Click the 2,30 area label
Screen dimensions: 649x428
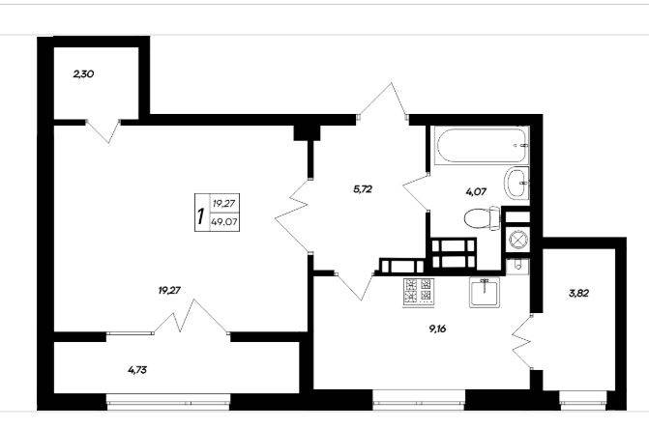(x=83, y=74)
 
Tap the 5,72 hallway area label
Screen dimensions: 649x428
(x=363, y=189)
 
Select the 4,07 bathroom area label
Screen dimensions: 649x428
(x=476, y=192)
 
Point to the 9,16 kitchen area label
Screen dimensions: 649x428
(x=437, y=329)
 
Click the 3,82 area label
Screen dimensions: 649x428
(x=578, y=294)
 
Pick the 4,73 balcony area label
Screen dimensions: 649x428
(x=137, y=370)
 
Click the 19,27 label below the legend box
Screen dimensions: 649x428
(x=169, y=290)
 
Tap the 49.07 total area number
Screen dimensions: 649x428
(x=224, y=221)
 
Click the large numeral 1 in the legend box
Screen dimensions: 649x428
(x=201, y=215)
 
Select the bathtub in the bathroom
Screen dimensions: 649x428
(x=480, y=146)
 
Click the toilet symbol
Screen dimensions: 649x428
(x=483, y=218)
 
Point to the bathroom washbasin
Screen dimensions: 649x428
(x=516, y=183)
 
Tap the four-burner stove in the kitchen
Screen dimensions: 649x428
(x=419, y=293)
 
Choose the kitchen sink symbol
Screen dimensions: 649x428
(x=485, y=292)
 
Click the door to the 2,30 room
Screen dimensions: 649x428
(x=103, y=131)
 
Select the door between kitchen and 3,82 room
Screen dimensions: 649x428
(x=522, y=342)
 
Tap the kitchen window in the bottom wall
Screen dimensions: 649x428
(x=419, y=400)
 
